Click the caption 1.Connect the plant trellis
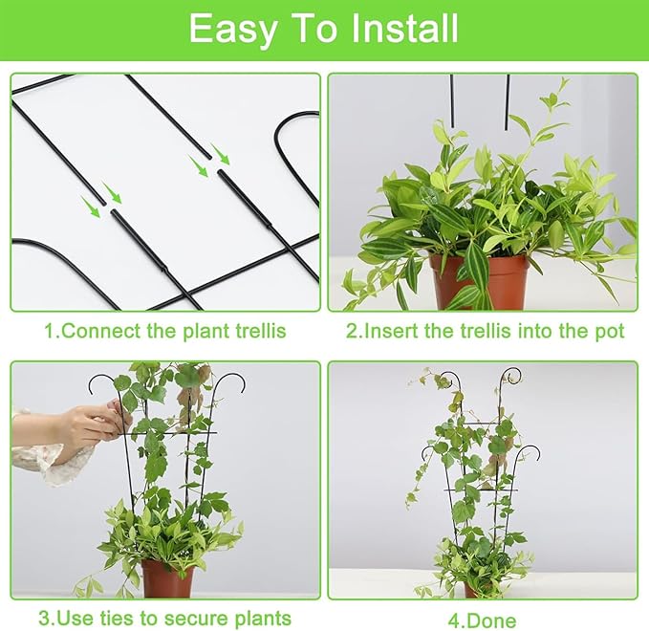pos(164,332)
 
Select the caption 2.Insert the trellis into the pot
pos(485,332)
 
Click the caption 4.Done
pos(484,620)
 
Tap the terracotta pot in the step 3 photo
pos(167,577)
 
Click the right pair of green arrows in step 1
pos(210,160)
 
